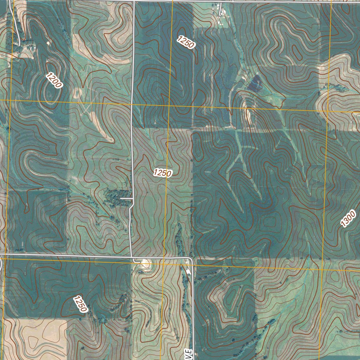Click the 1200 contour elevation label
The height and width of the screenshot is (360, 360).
[54, 80]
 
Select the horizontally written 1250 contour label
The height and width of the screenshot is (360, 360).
[162, 173]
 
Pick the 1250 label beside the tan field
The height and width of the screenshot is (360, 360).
[80, 304]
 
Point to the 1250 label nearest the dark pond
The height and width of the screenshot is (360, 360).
[186, 42]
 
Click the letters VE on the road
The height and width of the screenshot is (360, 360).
[189, 354]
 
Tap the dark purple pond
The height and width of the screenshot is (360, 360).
[255, 83]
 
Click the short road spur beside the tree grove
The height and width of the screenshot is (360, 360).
[126, 199]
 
